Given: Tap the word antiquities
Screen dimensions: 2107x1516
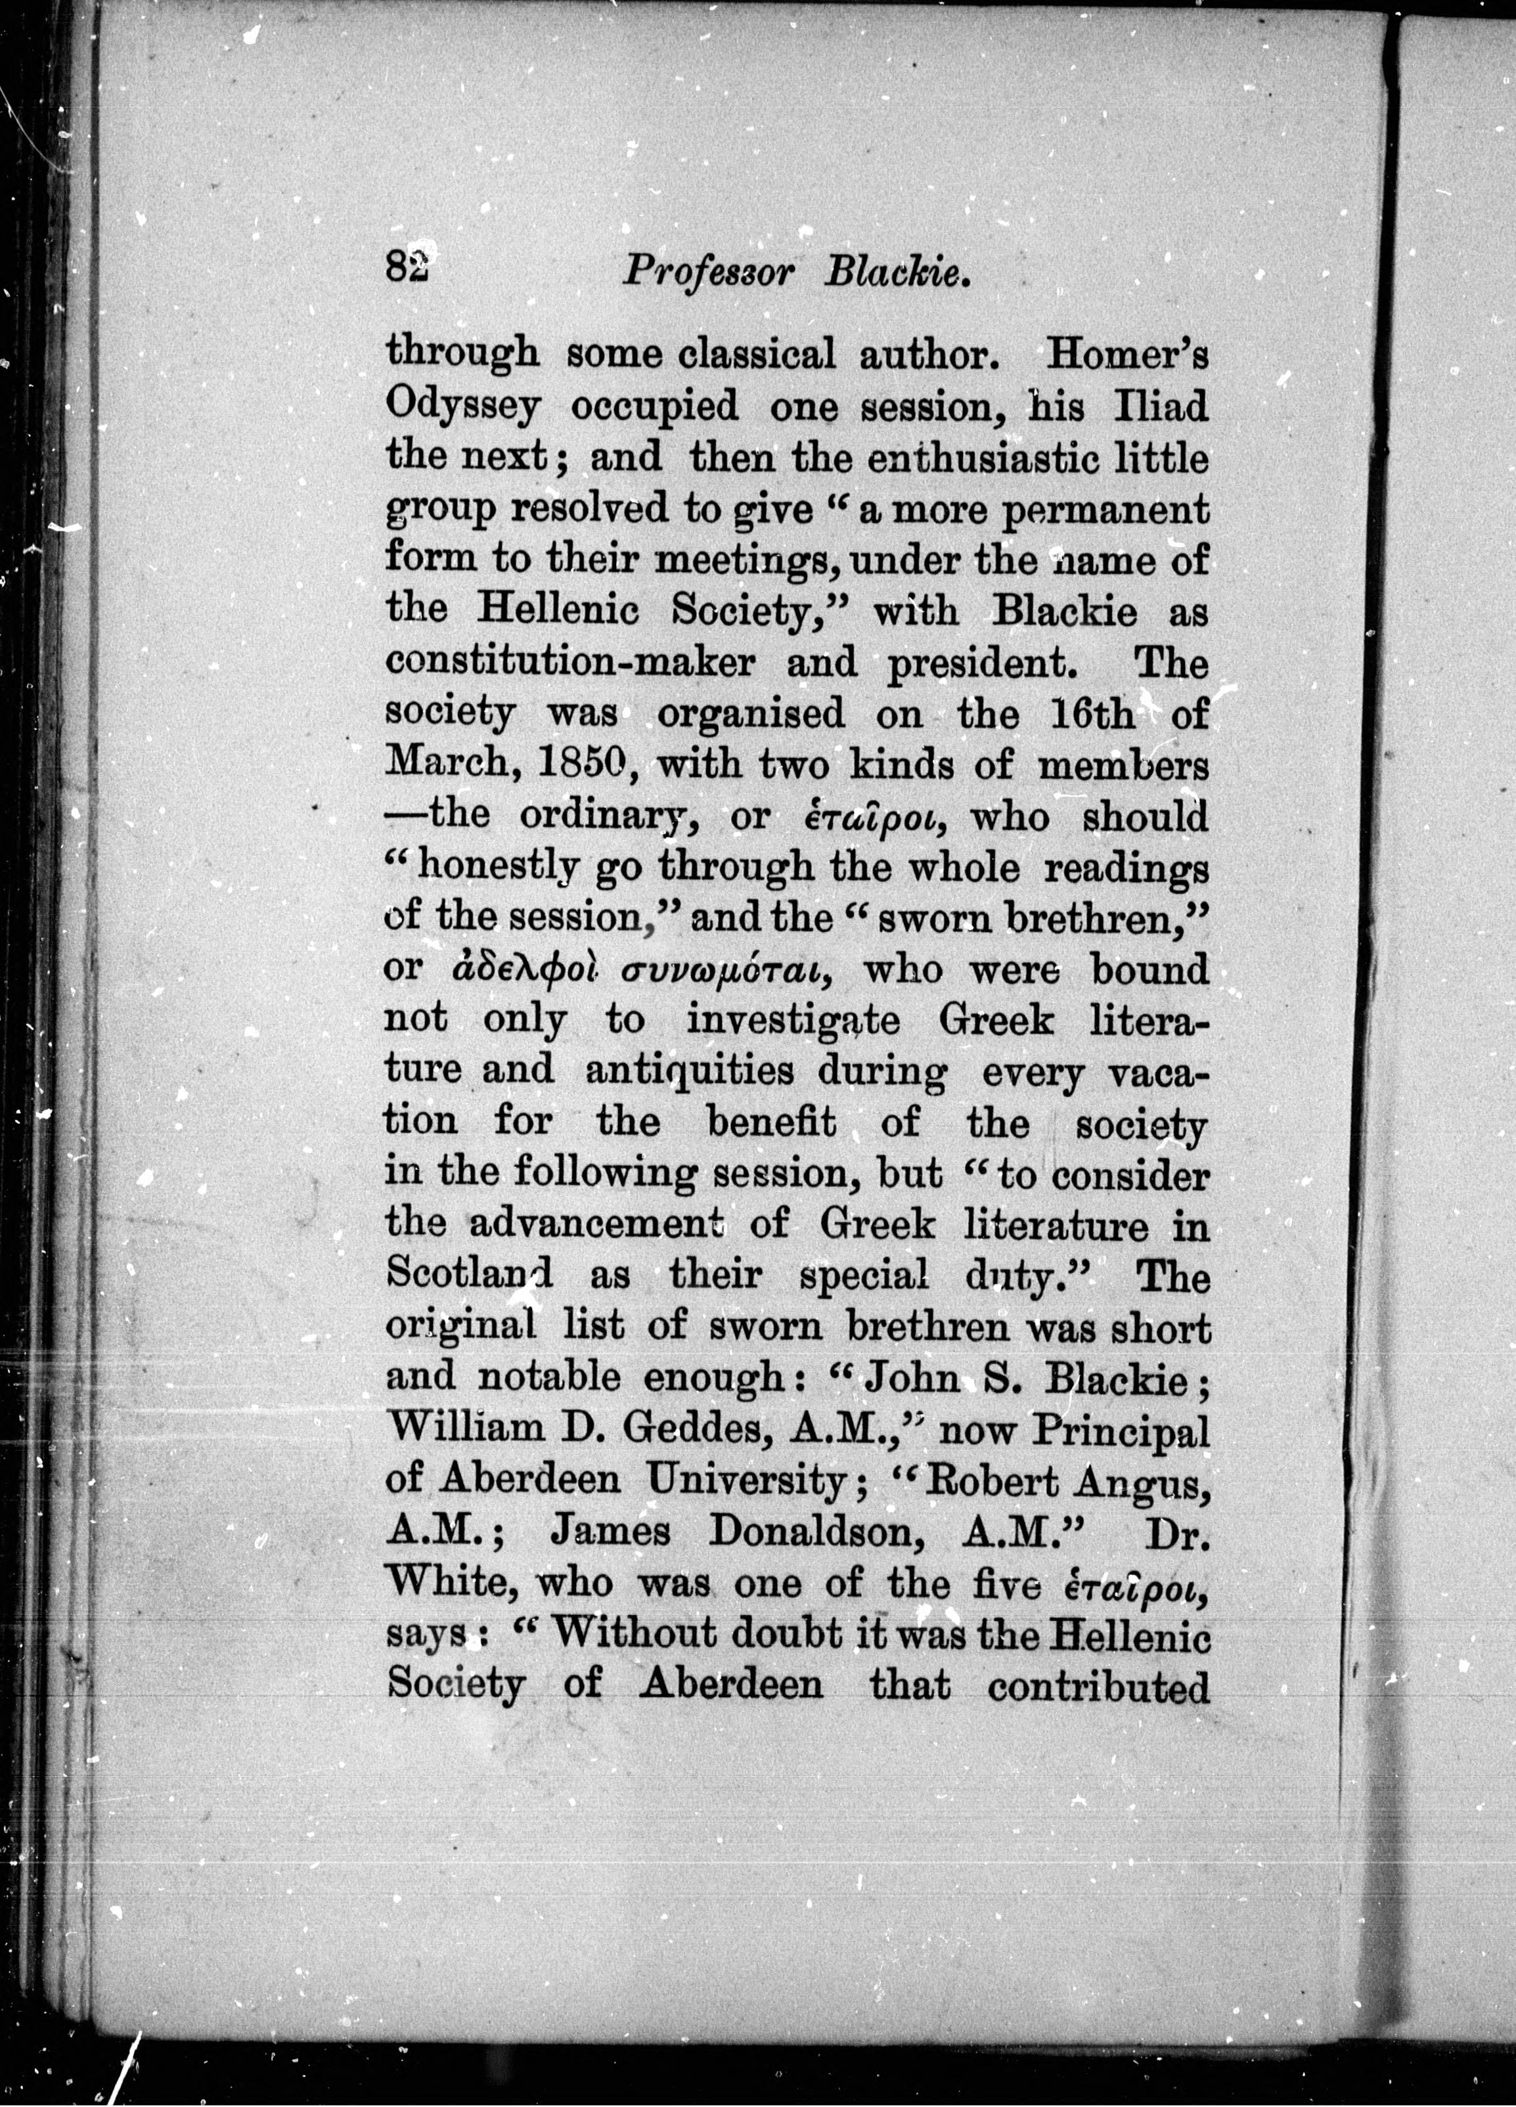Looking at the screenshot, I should point(689,1071).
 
